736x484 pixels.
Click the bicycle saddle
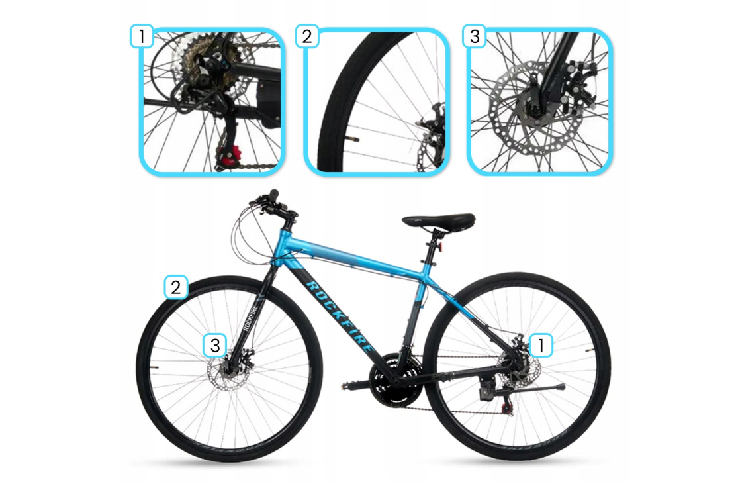pyautogui.click(x=439, y=220)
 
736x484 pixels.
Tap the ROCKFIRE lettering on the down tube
pyautogui.click(x=340, y=316)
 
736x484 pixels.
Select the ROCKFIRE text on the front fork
pyautogui.click(x=250, y=318)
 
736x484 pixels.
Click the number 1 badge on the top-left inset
pyautogui.click(x=142, y=36)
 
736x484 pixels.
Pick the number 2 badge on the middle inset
pyautogui.click(x=307, y=36)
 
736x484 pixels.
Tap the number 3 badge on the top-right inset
pyautogui.click(x=474, y=36)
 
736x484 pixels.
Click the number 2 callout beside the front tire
pyautogui.click(x=176, y=287)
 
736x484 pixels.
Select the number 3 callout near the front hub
pyautogui.click(x=215, y=346)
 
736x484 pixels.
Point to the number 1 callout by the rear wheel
pyautogui.click(x=541, y=346)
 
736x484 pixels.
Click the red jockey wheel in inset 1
pyautogui.click(x=228, y=154)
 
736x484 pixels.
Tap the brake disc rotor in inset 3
pyautogui.click(x=535, y=108)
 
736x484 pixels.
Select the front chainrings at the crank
pyautogui.click(x=393, y=380)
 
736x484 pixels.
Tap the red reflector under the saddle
pyautogui.click(x=441, y=248)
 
